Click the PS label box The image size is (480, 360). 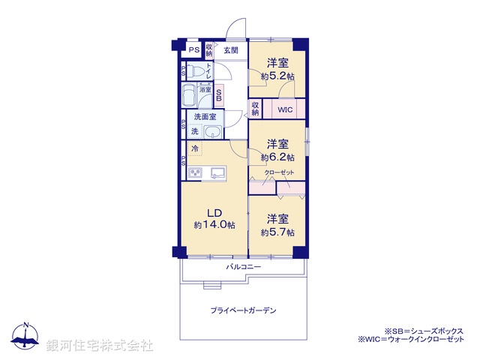(193, 51)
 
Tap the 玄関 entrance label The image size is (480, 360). (231, 50)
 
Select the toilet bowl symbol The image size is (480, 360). (196, 72)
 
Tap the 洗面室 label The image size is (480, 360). (204, 117)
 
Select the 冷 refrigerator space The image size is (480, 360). (194, 148)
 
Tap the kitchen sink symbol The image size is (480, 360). (218, 174)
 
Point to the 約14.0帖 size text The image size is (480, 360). (214, 225)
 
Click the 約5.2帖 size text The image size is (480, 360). (277, 76)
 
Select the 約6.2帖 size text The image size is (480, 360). (277, 158)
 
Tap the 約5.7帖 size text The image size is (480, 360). (277, 232)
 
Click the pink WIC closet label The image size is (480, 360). (284, 109)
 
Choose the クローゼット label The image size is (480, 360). (279, 173)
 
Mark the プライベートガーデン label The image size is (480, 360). (244, 309)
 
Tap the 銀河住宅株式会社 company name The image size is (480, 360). (100, 345)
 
